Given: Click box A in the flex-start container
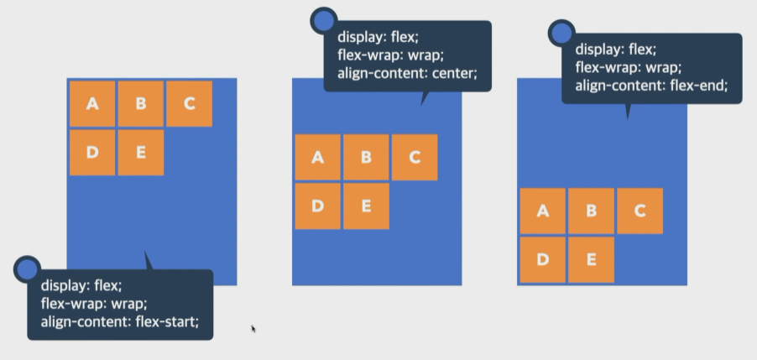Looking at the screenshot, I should [x=92, y=103].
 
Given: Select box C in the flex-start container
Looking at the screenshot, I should [x=189, y=103].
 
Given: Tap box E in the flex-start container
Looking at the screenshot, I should [x=140, y=152].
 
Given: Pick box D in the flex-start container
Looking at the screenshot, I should [x=92, y=152].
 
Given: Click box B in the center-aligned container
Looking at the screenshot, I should [x=366, y=157].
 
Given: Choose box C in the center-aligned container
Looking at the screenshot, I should [x=414, y=157].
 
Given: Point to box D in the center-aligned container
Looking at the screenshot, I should [x=317, y=206].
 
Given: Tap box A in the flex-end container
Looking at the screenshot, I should [x=542, y=211].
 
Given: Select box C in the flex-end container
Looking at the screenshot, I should [x=640, y=211].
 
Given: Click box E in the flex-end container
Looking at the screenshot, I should [x=591, y=259].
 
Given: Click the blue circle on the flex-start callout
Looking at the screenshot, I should [x=28, y=269].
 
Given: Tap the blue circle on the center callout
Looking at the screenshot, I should [x=324, y=21].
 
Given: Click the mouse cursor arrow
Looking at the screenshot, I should [x=253, y=328].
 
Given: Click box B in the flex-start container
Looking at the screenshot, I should [x=140, y=103].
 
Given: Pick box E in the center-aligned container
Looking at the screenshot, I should [x=366, y=206].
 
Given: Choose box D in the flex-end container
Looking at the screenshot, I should [x=542, y=259].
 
